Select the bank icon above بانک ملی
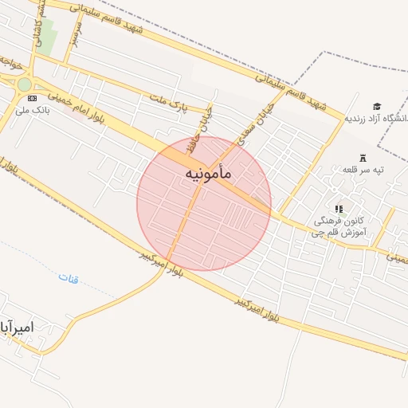(31, 98)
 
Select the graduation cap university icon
(376, 106)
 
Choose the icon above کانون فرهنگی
(339, 209)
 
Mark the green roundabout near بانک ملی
(25, 84)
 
